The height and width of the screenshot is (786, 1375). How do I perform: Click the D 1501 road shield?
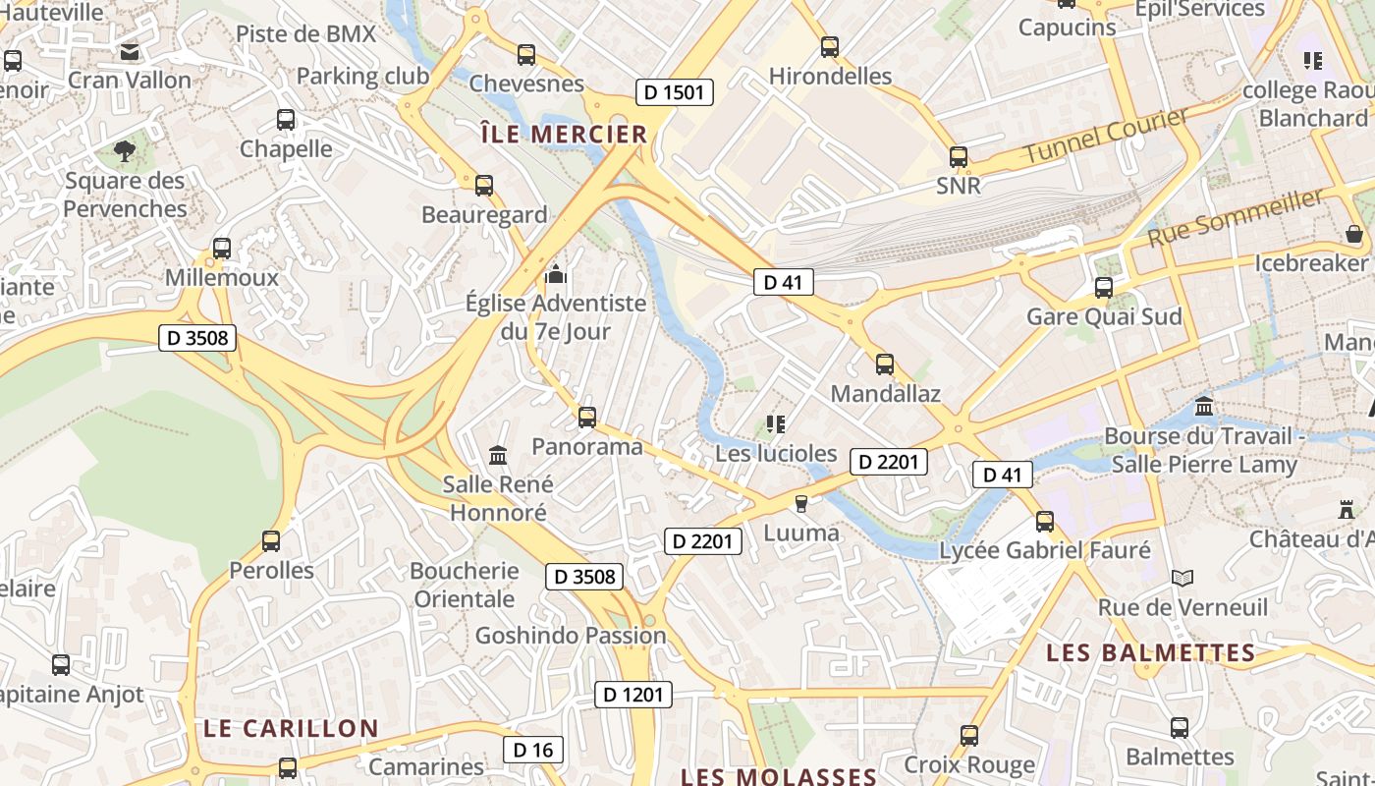(674, 92)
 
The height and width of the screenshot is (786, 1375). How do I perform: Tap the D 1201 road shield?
(633, 695)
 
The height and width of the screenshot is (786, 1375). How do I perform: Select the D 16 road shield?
(534, 750)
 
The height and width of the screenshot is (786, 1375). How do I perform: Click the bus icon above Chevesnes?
(526, 55)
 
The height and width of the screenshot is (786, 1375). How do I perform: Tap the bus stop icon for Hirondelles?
(830, 47)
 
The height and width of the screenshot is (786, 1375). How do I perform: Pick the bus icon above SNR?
(959, 157)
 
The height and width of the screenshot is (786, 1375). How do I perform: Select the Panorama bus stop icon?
(587, 418)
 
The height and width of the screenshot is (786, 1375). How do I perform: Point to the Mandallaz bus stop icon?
(885, 365)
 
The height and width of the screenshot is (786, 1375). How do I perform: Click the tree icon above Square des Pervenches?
(125, 151)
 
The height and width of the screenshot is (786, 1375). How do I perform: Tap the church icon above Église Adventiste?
(556, 274)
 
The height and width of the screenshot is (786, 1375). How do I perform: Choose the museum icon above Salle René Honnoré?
(498, 455)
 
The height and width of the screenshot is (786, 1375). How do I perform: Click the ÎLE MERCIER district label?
(564, 135)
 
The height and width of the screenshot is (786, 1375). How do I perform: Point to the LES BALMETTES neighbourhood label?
(1150, 652)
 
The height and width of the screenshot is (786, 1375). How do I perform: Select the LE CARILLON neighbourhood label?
(291, 728)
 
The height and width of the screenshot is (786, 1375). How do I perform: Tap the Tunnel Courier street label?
(1106, 137)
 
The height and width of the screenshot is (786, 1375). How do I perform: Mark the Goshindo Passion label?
(571, 636)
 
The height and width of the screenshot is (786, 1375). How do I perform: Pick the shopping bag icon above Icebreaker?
(1353, 235)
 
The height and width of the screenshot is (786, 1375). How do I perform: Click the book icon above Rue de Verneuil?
(1182, 579)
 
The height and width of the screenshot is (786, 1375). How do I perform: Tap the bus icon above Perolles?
(271, 541)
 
